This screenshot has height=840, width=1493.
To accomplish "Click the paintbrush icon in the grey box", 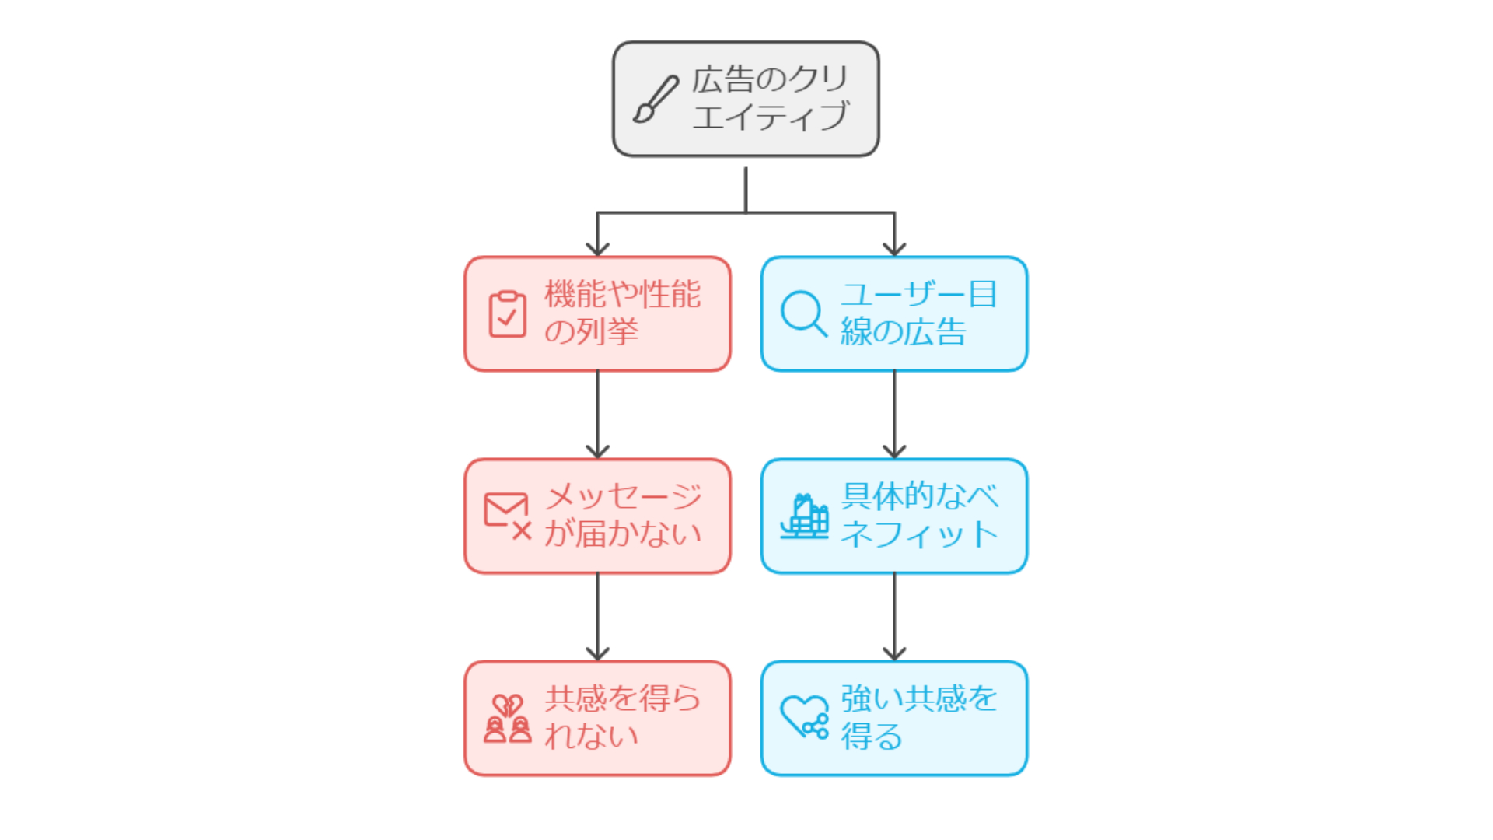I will tap(655, 100).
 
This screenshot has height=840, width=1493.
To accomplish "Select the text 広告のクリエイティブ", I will tap(770, 99).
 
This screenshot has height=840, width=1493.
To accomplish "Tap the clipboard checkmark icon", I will tap(507, 314).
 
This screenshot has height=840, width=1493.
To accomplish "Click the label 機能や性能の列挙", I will tap(622, 313).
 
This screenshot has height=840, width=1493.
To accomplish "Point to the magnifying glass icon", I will tap(803, 313).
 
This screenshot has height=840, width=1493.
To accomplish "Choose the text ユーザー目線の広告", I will tap(918, 313).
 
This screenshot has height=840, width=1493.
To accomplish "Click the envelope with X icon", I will tap(507, 516).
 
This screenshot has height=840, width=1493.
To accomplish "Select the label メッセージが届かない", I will tap(622, 516).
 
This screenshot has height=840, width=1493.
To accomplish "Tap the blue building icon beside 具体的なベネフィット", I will tap(804, 516).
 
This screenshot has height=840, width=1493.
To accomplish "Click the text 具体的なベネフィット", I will tap(919, 516).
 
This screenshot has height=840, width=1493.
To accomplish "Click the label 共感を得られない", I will tap(622, 718).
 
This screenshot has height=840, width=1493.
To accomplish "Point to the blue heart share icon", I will tap(804, 717).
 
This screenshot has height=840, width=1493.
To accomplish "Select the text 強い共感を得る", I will tap(918, 718).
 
